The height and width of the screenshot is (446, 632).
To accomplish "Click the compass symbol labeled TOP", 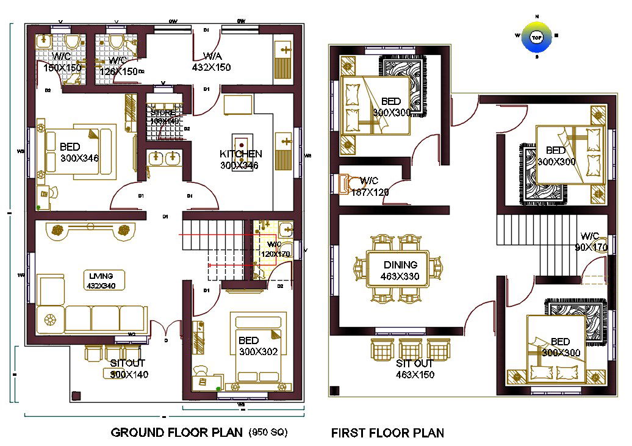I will tap(536, 37).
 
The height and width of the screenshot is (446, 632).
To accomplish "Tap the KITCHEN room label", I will tap(241, 159).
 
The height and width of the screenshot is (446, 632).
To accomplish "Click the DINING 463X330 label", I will tap(400, 270).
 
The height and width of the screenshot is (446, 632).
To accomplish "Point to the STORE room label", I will tap(163, 117).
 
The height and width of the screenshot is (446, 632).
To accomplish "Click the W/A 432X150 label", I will tap(212, 62).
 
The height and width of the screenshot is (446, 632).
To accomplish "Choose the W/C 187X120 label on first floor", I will tap(370, 186).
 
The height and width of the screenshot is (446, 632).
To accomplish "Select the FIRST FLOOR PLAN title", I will tap(387, 433).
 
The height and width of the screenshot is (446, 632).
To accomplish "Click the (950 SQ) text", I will tap(267, 433).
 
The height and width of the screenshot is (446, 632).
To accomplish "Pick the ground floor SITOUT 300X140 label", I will tap(128, 369).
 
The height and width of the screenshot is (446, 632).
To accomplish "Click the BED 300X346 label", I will tap(79, 153).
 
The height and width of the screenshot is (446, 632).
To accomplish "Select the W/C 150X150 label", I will tap(62, 62).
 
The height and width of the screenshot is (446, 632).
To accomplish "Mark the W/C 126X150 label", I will tap(118, 66).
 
